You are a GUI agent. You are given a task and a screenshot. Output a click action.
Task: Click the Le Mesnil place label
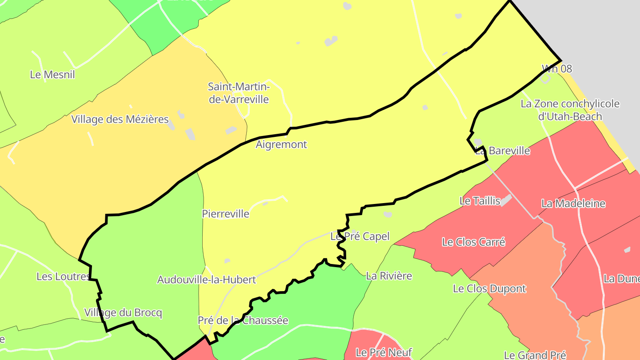pos(52,75)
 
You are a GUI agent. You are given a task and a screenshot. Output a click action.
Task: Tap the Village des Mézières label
pos(120,119)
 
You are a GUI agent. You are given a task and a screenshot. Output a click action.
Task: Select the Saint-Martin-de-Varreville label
pos(239,92)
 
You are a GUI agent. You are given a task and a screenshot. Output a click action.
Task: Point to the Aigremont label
pos(281,144)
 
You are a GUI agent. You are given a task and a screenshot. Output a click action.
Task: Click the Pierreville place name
pos(225,214)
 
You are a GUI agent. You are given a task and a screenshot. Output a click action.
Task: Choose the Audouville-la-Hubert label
pos(207,280)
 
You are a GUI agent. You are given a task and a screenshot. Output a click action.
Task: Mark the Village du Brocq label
pos(123,313)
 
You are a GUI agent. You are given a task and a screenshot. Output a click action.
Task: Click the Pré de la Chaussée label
pos(243,320)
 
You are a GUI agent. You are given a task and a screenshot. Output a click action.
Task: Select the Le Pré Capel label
pos(360,236)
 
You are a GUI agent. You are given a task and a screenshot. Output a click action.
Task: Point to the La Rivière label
pos(389,276)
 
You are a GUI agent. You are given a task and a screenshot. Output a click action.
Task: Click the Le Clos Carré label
pos(473,242)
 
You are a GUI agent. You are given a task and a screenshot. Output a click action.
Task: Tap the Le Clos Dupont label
pos(489,289)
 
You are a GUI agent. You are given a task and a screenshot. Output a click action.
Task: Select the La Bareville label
pos(503,151)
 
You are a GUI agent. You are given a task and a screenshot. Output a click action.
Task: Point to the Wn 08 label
pos(556,68)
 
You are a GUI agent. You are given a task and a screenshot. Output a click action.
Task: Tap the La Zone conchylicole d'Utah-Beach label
pos(570,110)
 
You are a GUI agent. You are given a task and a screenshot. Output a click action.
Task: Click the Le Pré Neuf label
pos(384,353)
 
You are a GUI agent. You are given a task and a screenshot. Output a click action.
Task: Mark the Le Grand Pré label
pos(535,355)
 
